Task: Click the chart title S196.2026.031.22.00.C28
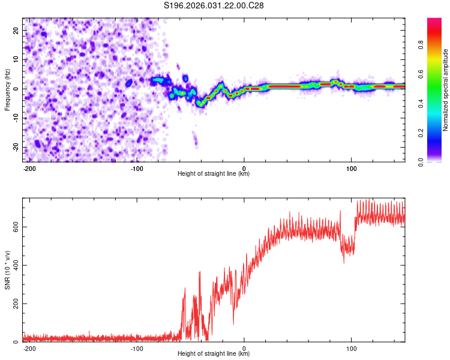point(214,5)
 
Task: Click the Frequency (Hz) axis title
point(7,90)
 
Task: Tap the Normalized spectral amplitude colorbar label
point(445,90)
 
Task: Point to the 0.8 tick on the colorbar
point(437,44)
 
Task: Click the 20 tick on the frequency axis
point(16,30)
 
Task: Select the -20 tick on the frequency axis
point(15,147)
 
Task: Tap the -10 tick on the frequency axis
point(15,118)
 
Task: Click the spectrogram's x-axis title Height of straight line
point(214,174)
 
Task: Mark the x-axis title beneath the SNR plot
point(214,354)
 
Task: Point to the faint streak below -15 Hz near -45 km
point(195,141)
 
